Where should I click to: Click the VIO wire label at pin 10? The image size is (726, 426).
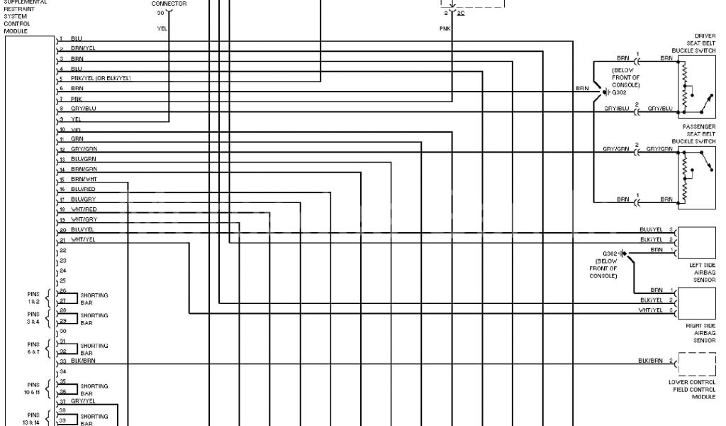point(77,129)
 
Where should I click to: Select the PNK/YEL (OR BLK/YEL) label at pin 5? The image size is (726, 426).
point(101,78)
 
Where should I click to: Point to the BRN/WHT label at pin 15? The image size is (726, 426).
point(84,180)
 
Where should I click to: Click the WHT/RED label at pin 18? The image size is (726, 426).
point(84,210)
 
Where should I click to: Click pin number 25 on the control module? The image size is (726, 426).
point(63,281)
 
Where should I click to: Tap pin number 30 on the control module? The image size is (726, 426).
point(63,332)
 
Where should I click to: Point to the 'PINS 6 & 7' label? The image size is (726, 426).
point(33,347)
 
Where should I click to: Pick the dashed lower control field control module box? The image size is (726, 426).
point(697,364)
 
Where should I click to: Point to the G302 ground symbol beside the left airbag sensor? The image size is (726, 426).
point(622,253)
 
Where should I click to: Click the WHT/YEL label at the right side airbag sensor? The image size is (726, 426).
point(650,310)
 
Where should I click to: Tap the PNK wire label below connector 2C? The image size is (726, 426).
point(445,28)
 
